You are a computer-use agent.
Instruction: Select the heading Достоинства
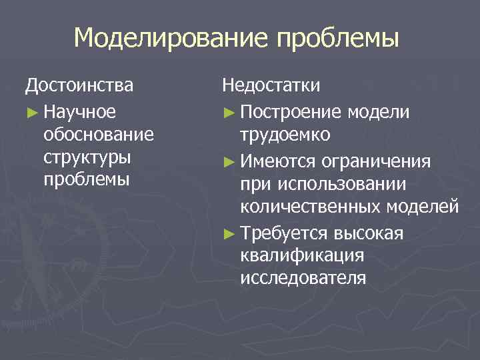(79, 86)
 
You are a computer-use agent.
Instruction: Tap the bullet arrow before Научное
(31, 111)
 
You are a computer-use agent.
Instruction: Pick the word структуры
(86, 158)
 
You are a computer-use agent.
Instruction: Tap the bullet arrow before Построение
(229, 111)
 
